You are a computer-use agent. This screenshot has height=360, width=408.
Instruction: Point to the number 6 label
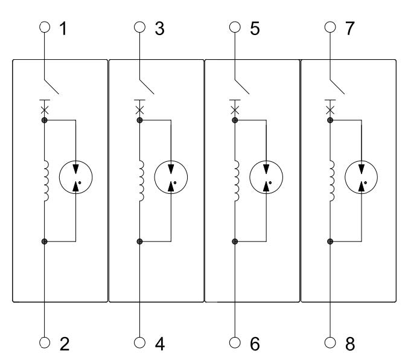click(255, 344)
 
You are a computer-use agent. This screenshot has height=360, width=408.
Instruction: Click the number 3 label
click(159, 28)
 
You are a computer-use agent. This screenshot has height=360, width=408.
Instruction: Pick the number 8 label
click(350, 344)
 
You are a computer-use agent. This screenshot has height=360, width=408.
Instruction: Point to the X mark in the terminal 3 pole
click(139, 109)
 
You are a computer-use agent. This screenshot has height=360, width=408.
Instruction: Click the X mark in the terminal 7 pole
click(330, 109)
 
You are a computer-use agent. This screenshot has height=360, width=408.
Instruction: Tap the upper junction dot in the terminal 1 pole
click(44, 120)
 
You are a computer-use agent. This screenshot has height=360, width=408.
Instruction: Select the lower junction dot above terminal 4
click(139, 242)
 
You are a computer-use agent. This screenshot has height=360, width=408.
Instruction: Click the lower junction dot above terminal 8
click(330, 242)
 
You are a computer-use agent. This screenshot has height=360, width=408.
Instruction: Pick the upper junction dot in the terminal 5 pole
click(235, 120)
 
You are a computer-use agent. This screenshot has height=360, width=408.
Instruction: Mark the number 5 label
click(255, 28)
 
